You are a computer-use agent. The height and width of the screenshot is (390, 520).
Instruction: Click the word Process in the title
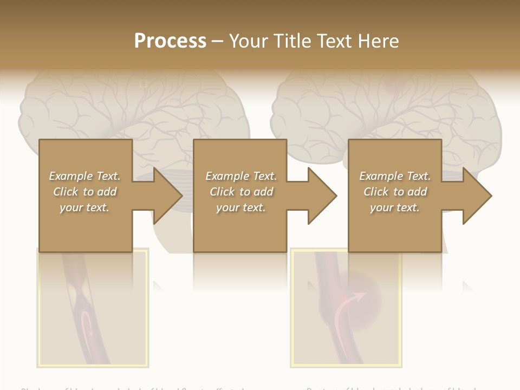(170, 41)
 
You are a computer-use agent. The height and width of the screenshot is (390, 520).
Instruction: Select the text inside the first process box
(84, 192)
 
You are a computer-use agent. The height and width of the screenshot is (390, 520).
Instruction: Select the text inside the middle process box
(241, 192)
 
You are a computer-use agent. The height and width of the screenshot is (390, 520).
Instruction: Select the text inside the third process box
(395, 192)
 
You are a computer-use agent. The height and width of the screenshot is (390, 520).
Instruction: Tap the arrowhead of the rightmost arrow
(477, 196)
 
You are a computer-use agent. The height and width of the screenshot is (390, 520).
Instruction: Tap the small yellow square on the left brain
(144, 83)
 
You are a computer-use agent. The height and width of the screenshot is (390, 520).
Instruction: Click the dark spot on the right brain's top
(392, 84)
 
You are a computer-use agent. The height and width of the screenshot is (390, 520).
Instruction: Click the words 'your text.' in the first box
(84, 207)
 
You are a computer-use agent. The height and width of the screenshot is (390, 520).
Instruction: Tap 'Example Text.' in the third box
(395, 176)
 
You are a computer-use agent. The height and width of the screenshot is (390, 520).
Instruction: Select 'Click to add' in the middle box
(241, 192)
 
